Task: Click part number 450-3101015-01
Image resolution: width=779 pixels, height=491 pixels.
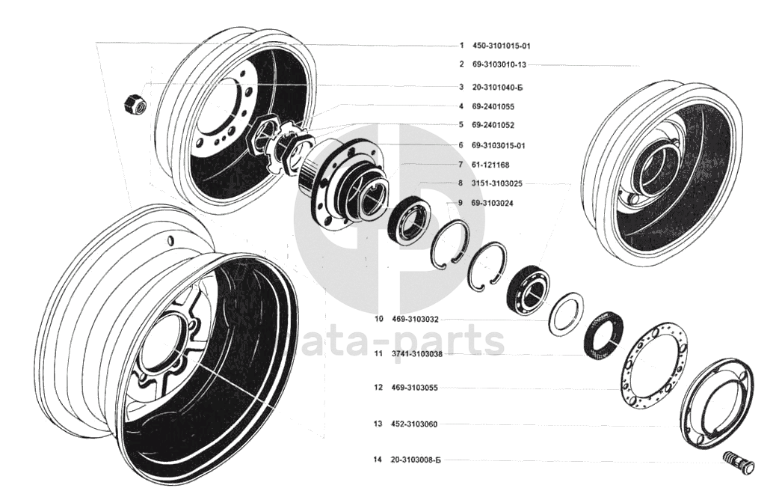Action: click(502, 46)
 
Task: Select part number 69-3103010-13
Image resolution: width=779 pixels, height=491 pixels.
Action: click(499, 64)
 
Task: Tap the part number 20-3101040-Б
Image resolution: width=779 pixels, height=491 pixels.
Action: click(497, 88)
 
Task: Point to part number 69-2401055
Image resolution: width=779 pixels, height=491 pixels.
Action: click(493, 106)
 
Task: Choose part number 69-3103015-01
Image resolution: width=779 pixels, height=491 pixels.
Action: click(499, 145)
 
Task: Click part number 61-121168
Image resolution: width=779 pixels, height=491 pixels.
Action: click(490, 165)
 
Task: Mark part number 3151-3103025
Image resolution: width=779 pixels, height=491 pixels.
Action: click(497, 183)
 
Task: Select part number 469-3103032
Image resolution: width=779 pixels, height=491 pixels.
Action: click(415, 320)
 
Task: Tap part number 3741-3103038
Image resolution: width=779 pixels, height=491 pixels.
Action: click(416, 354)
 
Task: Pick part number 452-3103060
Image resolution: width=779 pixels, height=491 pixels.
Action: click(414, 424)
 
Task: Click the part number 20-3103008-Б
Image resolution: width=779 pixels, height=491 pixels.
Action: click(416, 460)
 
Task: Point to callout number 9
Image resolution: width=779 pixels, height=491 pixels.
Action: click(461, 203)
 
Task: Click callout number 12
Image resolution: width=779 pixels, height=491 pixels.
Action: click(378, 388)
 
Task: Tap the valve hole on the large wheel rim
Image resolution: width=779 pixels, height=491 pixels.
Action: click(171, 241)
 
